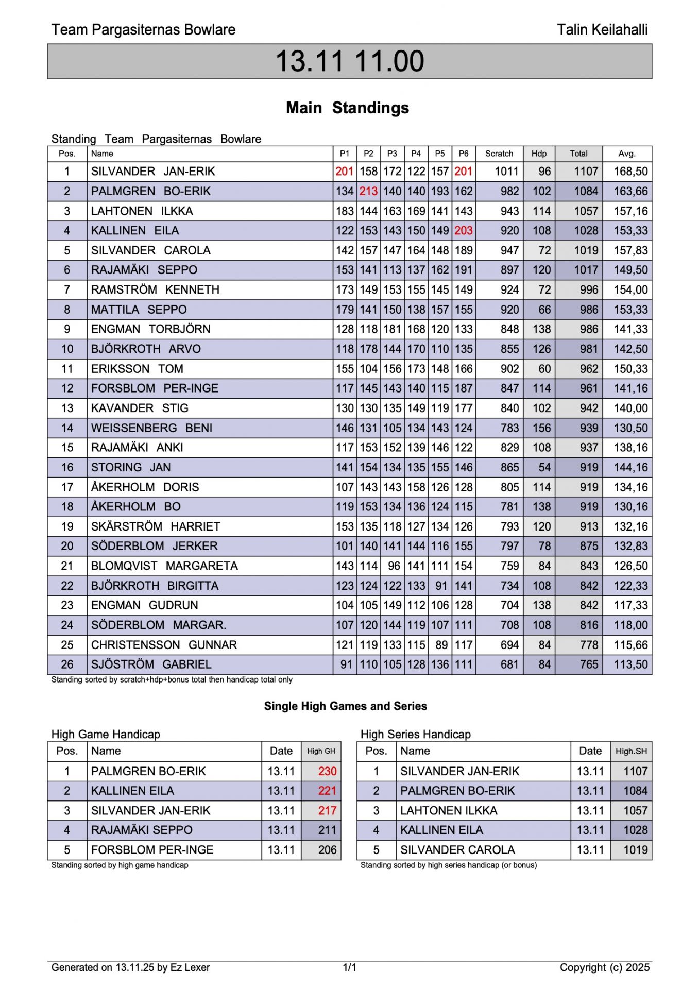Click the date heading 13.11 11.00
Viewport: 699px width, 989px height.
(349, 61)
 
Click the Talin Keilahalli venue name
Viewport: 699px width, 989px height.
(602, 30)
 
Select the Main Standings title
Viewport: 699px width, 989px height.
(347, 108)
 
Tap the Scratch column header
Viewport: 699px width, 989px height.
(499, 154)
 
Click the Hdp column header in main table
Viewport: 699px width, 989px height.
(539, 154)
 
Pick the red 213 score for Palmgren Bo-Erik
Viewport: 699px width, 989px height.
(368, 191)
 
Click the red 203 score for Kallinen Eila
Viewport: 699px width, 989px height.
(463, 231)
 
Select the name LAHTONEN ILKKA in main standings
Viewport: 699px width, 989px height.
(142, 211)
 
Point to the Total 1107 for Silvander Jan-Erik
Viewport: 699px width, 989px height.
(586, 172)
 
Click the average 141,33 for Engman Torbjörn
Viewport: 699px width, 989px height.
(630, 329)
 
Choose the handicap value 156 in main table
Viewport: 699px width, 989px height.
(541, 428)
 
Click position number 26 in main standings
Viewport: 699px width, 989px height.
(67, 664)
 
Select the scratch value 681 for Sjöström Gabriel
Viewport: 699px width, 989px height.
(509, 664)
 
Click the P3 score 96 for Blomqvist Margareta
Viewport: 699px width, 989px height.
(394, 566)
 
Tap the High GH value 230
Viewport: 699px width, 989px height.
(327, 771)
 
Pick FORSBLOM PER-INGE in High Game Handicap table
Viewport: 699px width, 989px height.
(152, 850)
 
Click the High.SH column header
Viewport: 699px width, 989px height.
(631, 751)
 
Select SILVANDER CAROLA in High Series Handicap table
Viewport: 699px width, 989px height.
(457, 850)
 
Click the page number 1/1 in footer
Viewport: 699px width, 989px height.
(349, 967)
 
